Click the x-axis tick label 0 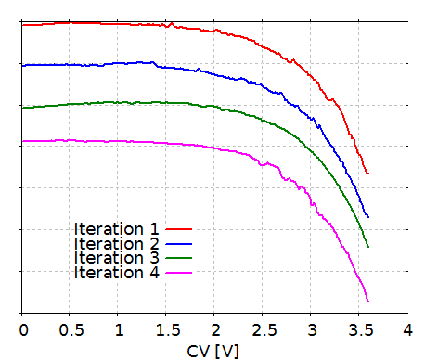tap(22, 330)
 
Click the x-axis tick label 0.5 tap(71, 330)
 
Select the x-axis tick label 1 tap(119, 330)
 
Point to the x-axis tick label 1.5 tap(167, 330)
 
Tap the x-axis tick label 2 tap(215, 330)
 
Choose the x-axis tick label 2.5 tap(263, 330)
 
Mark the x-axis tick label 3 tap(311, 330)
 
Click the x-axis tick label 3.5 tap(359, 330)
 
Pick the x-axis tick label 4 tap(407, 330)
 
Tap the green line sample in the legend tap(178, 258)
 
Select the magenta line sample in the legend tap(178, 273)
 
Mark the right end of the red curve tap(368, 174)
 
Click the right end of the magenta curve tap(368, 302)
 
